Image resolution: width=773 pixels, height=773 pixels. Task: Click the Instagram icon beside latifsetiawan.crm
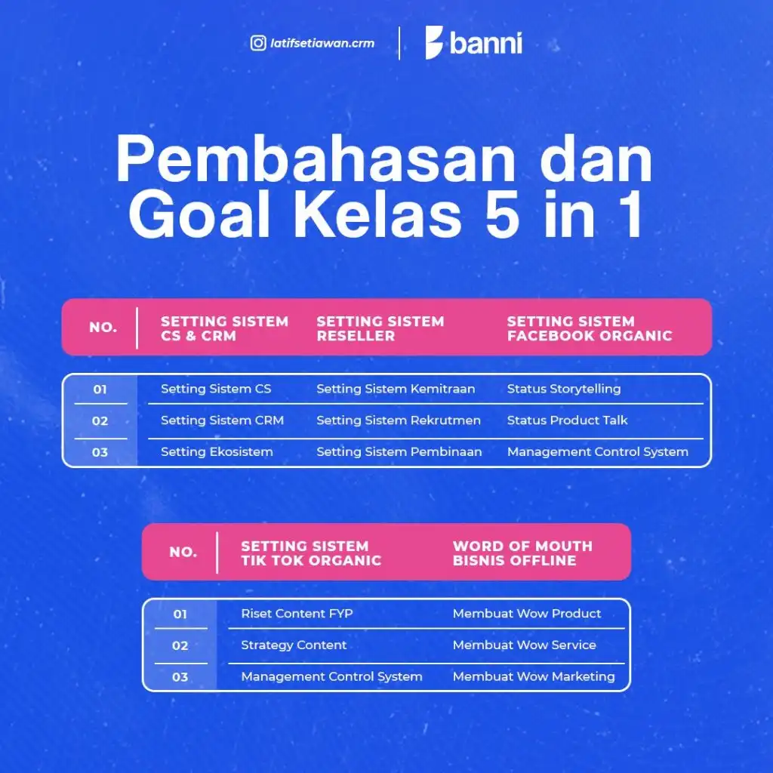coord(258,43)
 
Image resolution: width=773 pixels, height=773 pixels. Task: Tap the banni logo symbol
coord(434,42)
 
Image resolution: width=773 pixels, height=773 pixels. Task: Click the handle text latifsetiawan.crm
coord(322,43)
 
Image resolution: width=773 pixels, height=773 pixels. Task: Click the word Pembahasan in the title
coord(316,159)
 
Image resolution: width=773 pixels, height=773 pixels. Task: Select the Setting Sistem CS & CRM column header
coord(224,328)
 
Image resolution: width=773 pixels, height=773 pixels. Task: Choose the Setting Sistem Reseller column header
coord(380,328)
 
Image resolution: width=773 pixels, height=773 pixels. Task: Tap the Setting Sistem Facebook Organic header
coord(590,328)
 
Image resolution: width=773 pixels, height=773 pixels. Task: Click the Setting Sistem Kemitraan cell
coord(396,389)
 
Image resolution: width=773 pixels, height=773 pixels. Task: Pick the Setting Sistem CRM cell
coord(223,420)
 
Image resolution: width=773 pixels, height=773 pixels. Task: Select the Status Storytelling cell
coord(564,389)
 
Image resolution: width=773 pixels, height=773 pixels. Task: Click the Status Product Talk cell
coord(568,420)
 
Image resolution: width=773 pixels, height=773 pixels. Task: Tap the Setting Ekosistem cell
coord(217,452)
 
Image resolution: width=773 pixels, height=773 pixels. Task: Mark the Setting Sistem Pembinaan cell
coord(399,452)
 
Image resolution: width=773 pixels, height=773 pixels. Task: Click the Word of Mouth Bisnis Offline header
coord(522,553)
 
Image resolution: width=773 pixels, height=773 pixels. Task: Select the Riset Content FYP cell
coord(297,614)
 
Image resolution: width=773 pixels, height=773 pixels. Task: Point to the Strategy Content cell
coord(294,645)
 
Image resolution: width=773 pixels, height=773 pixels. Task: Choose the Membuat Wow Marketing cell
coord(534,677)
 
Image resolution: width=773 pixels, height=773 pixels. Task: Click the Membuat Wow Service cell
coord(525,645)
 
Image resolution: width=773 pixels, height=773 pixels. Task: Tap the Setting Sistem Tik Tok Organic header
coord(311,553)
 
